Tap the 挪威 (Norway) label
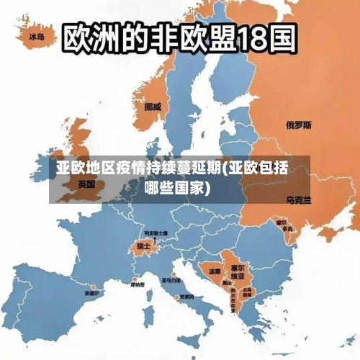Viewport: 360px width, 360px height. pyautogui.click(x=153, y=106)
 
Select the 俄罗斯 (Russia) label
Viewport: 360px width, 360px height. pyautogui.click(x=299, y=125)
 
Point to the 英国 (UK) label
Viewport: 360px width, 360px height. pyautogui.click(x=86, y=184)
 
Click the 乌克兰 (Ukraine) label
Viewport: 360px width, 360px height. pyautogui.click(x=299, y=199)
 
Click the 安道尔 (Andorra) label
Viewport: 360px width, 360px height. pyautogui.click(x=91, y=294)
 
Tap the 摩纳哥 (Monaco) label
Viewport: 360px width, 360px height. pyautogui.click(x=138, y=285)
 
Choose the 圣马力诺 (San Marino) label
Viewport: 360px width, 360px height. pyautogui.click(x=171, y=279)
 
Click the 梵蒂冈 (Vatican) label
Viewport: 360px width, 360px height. pyautogui.click(x=186, y=297)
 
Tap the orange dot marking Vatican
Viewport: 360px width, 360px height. pyautogui.click(x=176, y=296)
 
